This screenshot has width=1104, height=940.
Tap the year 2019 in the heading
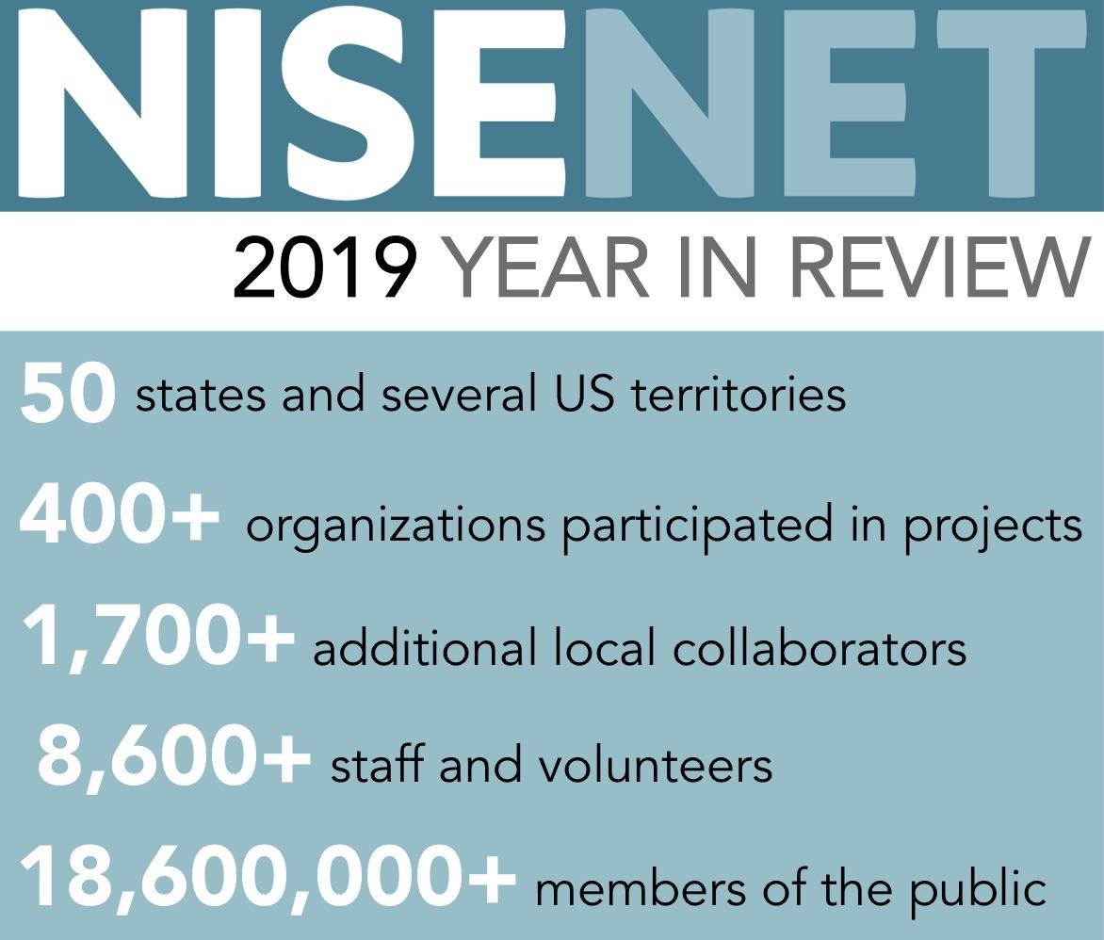325,268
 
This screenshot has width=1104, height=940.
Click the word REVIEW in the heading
928,268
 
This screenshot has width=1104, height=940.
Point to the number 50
67,393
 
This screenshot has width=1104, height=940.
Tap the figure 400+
119,518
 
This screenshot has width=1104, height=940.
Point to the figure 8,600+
173,758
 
